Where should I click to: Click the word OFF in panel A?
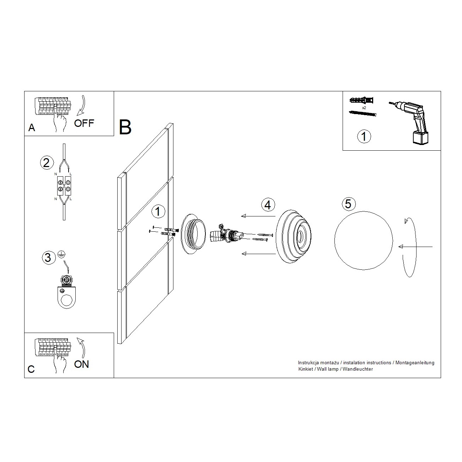coord(84,123)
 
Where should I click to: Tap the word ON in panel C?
coord(81,364)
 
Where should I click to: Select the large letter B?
coord(125,127)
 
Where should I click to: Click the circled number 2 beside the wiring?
coord(47,163)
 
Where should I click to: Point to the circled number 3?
coord(48,258)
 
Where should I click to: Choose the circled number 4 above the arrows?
coord(268,205)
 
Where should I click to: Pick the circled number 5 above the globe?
coord(348,204)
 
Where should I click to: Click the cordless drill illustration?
coord(411,122)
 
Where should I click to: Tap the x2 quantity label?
coord(364,108)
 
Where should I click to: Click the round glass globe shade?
coord(364,241)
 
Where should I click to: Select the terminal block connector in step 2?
coord(64,186)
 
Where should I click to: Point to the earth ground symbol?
coord(61,254)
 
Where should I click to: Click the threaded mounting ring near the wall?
coord(193,234)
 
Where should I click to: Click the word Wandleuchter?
coord(358,369)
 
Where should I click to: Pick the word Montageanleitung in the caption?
coord(415,363)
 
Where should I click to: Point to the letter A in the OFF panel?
coord(32,128)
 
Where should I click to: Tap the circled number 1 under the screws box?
coord(364,136)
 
